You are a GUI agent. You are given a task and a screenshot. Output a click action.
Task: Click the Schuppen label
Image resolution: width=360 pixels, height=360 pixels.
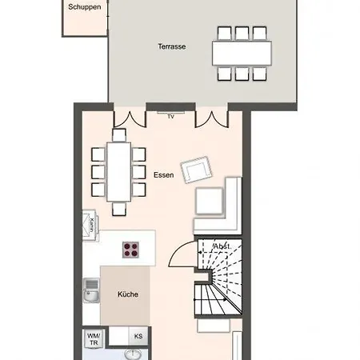tap(85, 7)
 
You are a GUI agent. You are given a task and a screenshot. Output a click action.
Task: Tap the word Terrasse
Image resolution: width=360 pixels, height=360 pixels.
tap(172, 46)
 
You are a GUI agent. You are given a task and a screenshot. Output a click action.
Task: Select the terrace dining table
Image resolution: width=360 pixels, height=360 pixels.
tap(242, 53)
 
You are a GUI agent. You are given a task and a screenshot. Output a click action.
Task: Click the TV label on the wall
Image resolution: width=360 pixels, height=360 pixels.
tap(171, 117)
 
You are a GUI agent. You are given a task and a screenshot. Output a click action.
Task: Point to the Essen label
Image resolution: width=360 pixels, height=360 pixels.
tap(164, 175)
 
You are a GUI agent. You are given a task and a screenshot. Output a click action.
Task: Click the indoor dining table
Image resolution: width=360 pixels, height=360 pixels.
tap(118, 172)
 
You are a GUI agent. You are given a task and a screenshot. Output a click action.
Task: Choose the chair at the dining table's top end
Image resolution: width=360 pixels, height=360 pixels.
tap(119, 135)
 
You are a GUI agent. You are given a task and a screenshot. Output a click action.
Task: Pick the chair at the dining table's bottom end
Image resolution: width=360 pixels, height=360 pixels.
tap(119, 209)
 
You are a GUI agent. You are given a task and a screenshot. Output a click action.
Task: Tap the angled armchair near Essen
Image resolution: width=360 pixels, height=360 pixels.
tap(196, 170)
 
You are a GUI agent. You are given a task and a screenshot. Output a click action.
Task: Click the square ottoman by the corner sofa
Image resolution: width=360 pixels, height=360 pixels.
tap(210, 201)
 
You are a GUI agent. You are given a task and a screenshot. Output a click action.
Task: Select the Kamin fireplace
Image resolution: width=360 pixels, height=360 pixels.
tap(90, 225)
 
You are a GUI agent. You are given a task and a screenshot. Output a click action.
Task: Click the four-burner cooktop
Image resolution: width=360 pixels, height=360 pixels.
tap(130, 250)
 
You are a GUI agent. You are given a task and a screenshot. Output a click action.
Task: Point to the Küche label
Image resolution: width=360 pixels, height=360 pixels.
tap(128, 294)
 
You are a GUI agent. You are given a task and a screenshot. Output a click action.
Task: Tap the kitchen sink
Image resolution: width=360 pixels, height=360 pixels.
tap(91, 290)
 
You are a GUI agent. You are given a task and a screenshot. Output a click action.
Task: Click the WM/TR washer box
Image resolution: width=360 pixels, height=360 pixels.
tap(94, 339)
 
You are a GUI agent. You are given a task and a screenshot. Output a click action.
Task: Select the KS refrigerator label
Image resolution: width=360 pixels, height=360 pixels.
tap(138, 336)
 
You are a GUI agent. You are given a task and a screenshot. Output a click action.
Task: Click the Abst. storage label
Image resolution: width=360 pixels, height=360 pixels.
tap(222, 246)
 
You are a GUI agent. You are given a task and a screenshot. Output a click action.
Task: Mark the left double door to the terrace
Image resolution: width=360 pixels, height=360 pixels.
tap(130, 119)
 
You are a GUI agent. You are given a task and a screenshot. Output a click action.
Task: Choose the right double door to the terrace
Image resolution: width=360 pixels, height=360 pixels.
tap(212, 119)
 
